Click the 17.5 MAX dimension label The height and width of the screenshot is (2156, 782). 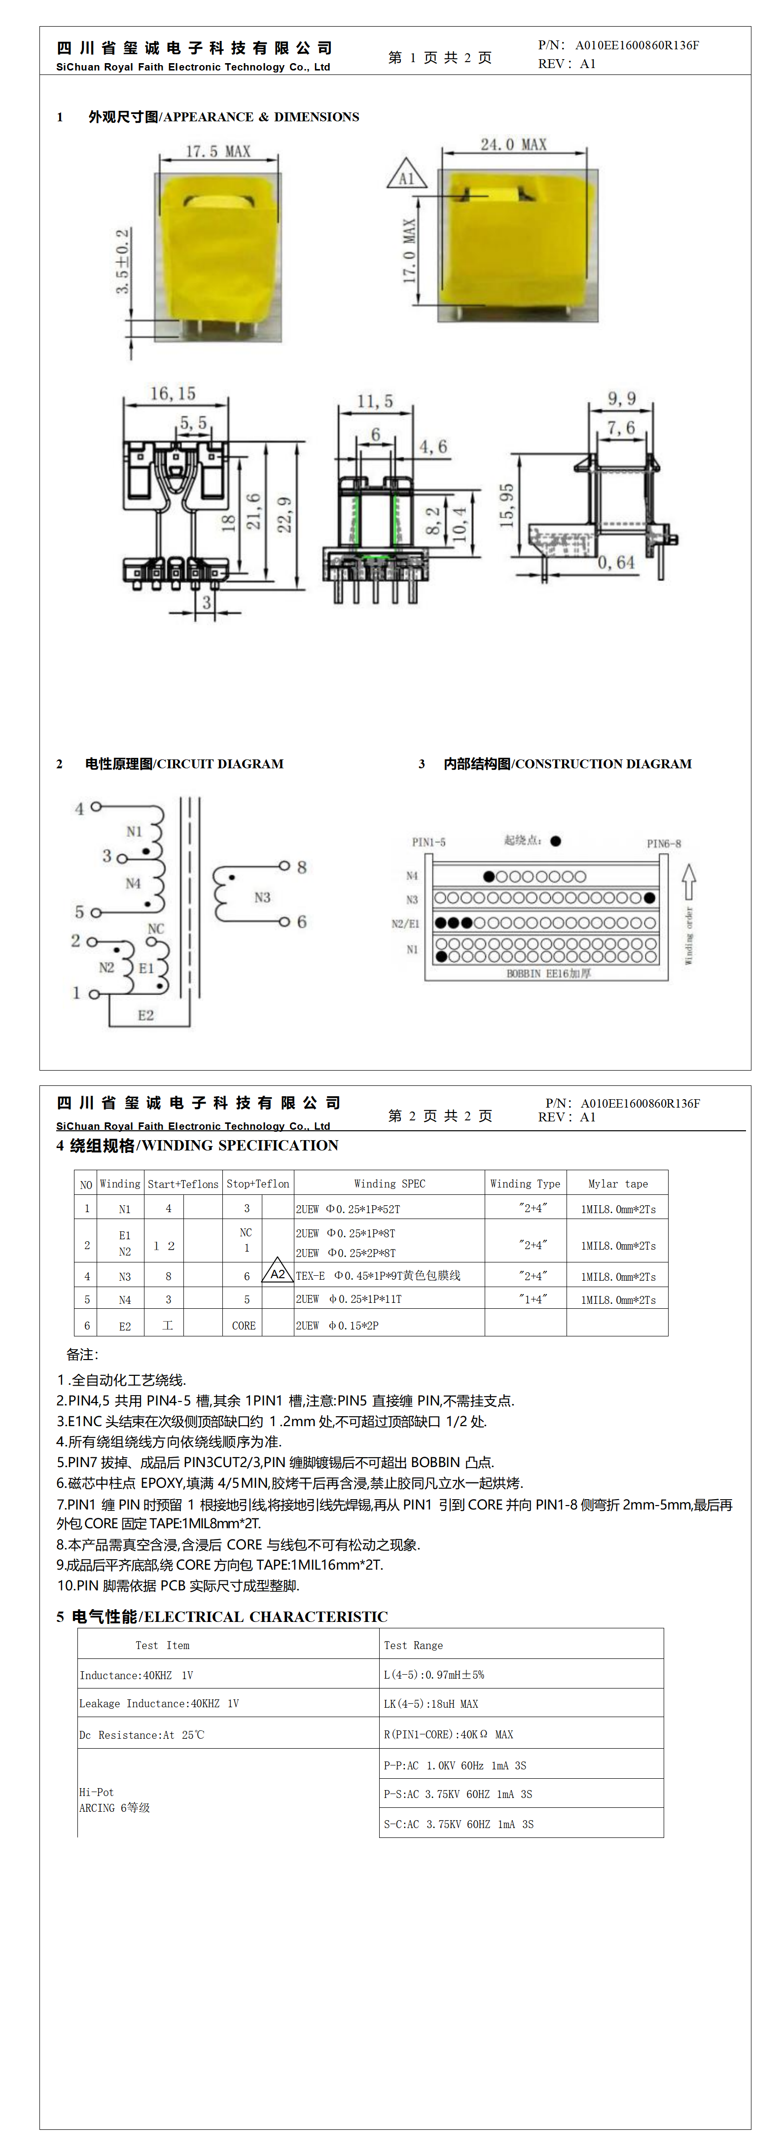tap(217, 151)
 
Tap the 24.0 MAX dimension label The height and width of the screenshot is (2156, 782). tap(513, 145)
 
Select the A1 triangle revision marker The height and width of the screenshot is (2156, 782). tap(407, 176)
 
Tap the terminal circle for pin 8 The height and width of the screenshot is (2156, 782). tap(284, 866)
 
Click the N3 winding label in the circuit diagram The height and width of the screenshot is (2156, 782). tap(262, 897)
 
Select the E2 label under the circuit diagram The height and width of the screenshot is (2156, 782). tap(145, 1015)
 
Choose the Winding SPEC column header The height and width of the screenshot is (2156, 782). tap(390, 1184)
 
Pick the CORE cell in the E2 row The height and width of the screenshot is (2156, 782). tap(244, 1326)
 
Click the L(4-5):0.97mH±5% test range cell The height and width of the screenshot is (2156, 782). tap(434, 1675)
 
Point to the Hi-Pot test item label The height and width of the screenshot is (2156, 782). tap(96, 1792)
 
